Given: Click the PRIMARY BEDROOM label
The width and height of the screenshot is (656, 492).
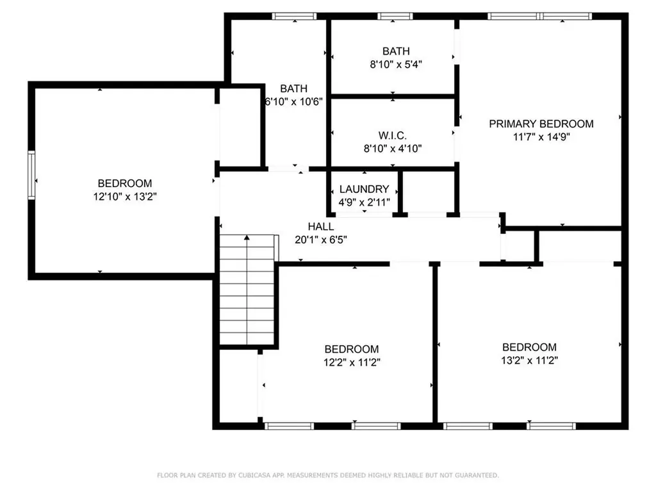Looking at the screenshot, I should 541,124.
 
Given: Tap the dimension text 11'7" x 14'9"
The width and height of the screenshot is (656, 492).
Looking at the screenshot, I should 541,136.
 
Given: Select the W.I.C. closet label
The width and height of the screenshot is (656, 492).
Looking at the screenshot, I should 393,135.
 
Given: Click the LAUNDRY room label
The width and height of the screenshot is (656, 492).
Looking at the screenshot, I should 364,189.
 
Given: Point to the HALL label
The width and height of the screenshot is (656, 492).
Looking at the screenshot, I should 320,227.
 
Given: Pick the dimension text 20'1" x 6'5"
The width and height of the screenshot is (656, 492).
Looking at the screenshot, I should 320,240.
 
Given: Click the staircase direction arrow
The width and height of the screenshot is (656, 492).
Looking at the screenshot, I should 247,239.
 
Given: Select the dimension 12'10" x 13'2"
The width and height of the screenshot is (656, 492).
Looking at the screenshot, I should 125,197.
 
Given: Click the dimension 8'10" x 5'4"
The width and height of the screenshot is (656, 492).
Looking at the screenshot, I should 395,64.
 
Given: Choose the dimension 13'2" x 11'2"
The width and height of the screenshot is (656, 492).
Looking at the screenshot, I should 529,361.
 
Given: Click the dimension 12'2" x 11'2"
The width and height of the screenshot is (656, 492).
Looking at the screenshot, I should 351,362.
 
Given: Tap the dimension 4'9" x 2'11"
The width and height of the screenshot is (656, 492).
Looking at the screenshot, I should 364,202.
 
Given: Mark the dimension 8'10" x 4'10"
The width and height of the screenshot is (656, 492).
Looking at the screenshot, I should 393,148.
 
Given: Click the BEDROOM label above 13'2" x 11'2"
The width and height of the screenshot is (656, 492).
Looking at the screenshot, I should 529,347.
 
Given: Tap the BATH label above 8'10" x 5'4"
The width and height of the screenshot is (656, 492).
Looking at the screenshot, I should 395,51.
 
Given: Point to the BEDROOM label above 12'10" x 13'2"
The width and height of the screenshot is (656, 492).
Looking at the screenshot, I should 125,183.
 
